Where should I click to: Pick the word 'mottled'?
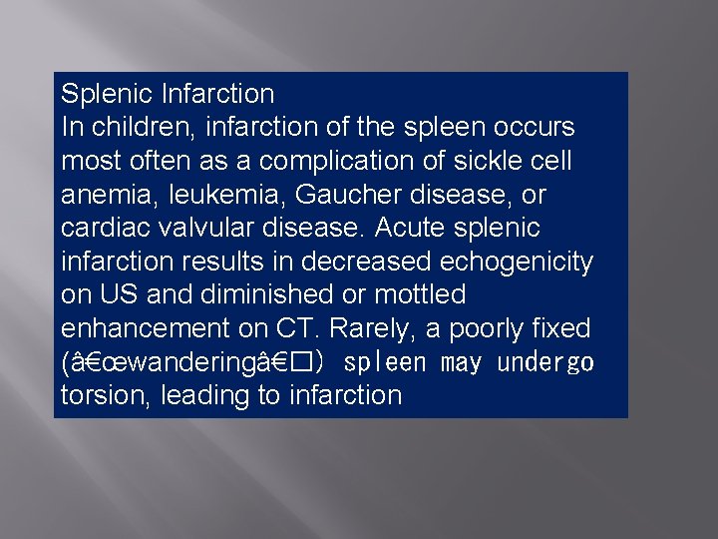click(422, 294)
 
